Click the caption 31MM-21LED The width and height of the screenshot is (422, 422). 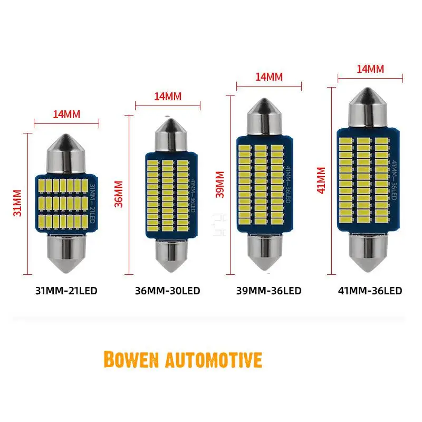point(66,291)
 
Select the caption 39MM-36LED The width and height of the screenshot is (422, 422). point(270,291)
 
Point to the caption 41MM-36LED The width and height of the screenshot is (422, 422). point(370,291)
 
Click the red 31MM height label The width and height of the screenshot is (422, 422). point(18,203)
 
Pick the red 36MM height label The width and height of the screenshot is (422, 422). point(119,194)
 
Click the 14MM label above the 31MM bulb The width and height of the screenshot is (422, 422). point(66,114)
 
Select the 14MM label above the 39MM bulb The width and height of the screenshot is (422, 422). point(269,76)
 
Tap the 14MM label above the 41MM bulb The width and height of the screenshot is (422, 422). point(370,68)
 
